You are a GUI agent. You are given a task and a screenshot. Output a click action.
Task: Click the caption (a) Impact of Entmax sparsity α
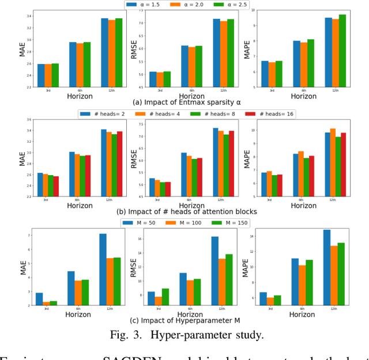tap(186, 103)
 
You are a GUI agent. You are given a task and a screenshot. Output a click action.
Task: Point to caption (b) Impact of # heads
tap(186, 211)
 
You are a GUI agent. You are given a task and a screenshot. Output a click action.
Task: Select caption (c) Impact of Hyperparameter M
tap(186, 321)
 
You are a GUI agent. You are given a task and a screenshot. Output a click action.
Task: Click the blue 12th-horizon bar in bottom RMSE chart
tap(214, 271)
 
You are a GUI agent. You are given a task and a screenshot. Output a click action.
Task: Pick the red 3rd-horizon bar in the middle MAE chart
tap(56, 186)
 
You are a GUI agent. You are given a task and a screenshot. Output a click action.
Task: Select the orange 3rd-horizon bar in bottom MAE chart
tap(46, 304)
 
